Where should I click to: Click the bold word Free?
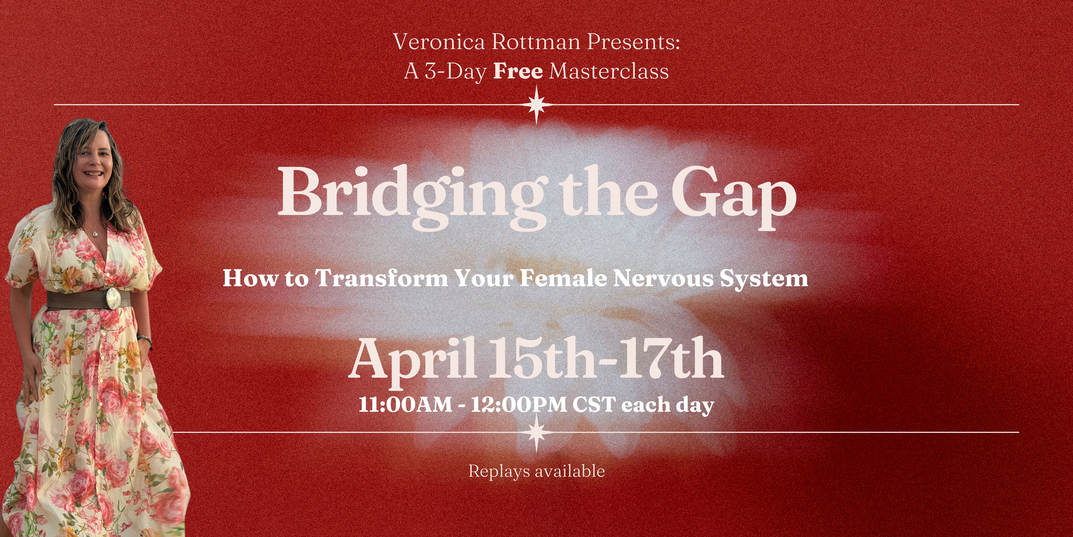click(518, 71)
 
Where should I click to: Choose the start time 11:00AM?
click(405, 404)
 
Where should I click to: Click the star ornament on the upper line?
click(536, 105)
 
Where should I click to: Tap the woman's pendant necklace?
click(95, 233)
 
